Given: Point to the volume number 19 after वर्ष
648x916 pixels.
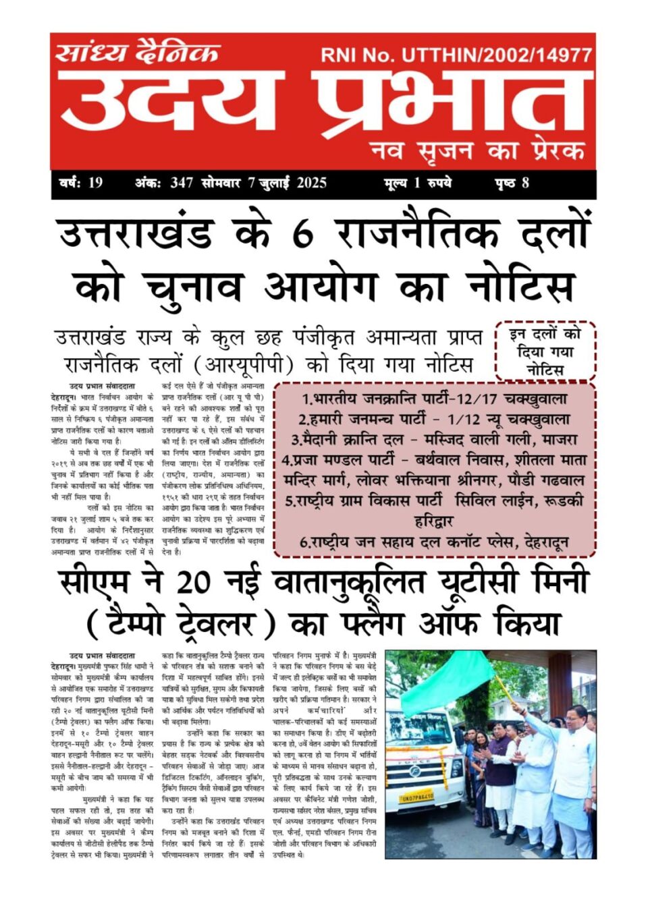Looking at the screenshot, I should pyautogui.click(x=95, y=183).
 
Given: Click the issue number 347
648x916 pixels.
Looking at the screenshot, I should pyautogui.click(x=182, y=183).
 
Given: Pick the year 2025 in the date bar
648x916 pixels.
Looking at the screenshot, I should pyautogui.click(x=311, y=183).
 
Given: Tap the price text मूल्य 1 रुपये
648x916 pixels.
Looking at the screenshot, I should pyautogui.click(x=417, y=183).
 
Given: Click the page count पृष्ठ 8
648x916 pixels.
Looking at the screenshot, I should pyautogui.click(x=512, y=183).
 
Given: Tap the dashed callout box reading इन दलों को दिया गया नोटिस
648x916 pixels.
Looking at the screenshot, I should pyautogui.click(x=545, y=351).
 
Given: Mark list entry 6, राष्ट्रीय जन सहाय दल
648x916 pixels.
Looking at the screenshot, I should pyautogui.click(x=434, y=542).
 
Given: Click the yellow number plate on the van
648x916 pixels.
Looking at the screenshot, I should pyautogui.click(x=416, y=797).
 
